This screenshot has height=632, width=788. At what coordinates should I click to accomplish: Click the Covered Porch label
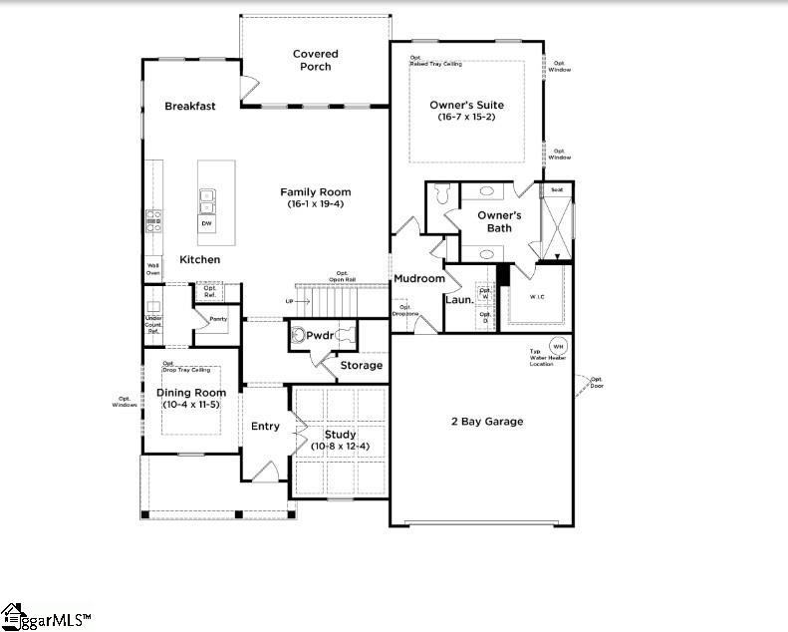click(315, 60)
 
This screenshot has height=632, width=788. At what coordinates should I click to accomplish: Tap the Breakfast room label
click(190, 106)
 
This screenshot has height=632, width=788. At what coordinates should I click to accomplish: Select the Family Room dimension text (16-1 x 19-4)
click(315, 204)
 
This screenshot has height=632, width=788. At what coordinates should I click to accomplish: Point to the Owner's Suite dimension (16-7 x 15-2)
click(466, 118)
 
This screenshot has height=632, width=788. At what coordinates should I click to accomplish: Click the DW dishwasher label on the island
click(207, 223)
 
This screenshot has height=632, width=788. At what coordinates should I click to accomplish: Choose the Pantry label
click(217, 320)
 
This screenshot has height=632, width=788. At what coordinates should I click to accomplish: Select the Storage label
click(361, 366)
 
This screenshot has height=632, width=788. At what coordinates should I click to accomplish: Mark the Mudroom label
click(418, 279)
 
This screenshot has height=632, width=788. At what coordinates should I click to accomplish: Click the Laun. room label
click(458, 299)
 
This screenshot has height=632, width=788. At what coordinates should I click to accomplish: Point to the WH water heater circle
click(557, 346)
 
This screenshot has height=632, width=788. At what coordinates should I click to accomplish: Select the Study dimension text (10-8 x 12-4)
click(340, 446)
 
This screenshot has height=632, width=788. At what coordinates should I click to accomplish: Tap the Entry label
click(265, 427)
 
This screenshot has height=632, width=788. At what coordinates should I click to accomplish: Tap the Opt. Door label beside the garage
click(597, 381)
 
